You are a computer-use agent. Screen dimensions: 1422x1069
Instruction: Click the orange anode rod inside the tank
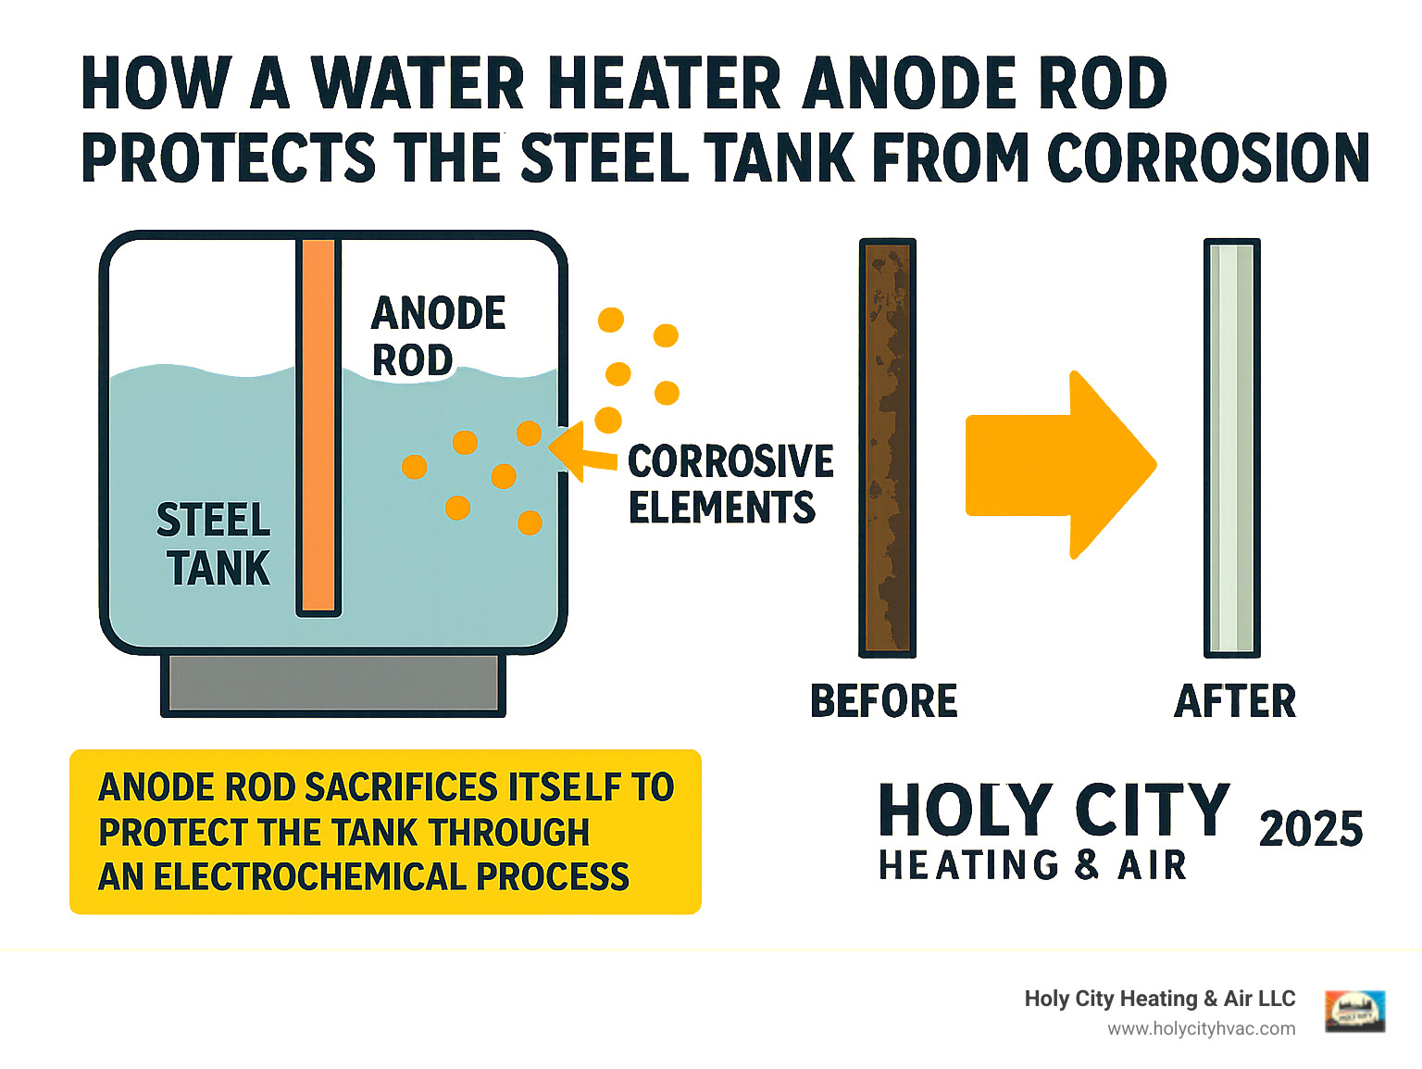pos(318,426)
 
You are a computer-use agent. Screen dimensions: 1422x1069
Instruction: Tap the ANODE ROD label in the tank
pos(437,336)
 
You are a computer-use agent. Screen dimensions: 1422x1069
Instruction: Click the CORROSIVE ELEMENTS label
pos(730,484)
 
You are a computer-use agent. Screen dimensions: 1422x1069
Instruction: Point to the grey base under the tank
pos(333,684)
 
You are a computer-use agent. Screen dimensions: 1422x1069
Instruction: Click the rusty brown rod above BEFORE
pos(888,448)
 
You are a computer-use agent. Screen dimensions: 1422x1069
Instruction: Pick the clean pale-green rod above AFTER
pos(1232,448)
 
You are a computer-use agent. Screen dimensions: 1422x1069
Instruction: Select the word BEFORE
pos(883,701)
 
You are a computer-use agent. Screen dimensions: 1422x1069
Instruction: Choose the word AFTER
pos(1235,701)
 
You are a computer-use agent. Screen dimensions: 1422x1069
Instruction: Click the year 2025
pos(1310,828)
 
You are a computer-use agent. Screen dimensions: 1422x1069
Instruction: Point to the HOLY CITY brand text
pos(1054,810)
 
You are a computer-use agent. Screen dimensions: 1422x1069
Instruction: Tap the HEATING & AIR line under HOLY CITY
pos(1032,865)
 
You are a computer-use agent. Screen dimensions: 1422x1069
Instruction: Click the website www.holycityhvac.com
pos(1201,1028)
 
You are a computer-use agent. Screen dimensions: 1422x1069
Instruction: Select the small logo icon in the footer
pos(1354,1011)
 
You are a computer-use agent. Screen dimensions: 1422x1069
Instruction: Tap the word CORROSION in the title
pos(1208,157)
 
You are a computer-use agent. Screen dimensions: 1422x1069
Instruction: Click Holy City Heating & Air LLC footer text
pos(1159,999)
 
